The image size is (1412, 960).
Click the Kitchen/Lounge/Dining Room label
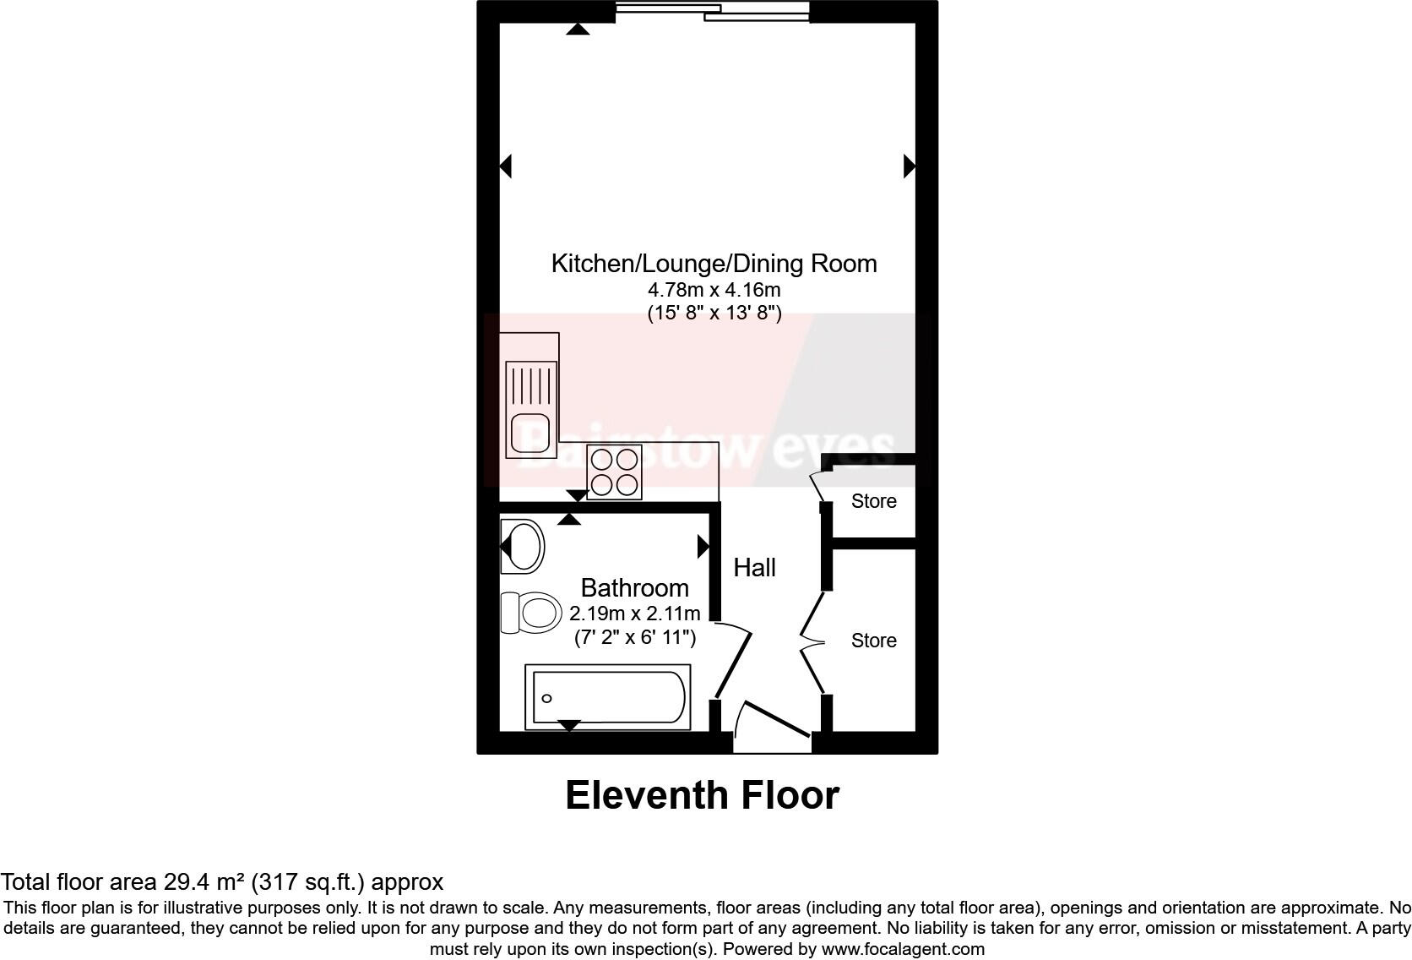coord(714,264)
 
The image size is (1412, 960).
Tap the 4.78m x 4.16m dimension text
coord(714,290)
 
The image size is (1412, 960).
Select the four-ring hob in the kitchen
coord(614,472)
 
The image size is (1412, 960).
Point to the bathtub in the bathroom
coord(607,697)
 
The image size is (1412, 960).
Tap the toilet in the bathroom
coord(532,612)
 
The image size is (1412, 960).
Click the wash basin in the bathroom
coord(523,546)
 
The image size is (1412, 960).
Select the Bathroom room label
coord(634,587)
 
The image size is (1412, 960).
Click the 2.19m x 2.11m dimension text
coord(634,613)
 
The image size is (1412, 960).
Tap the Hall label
coord(754,568)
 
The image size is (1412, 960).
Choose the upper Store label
coord(873,501)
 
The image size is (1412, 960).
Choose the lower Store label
coord(873,641)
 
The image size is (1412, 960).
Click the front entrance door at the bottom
coord(773,725)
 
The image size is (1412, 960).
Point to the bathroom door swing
coord(733,659)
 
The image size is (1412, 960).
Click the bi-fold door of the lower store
coord(812,642)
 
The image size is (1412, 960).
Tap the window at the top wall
coord(712,11)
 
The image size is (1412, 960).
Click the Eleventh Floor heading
coord(702,795)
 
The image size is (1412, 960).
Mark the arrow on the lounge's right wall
coord(909,166)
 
